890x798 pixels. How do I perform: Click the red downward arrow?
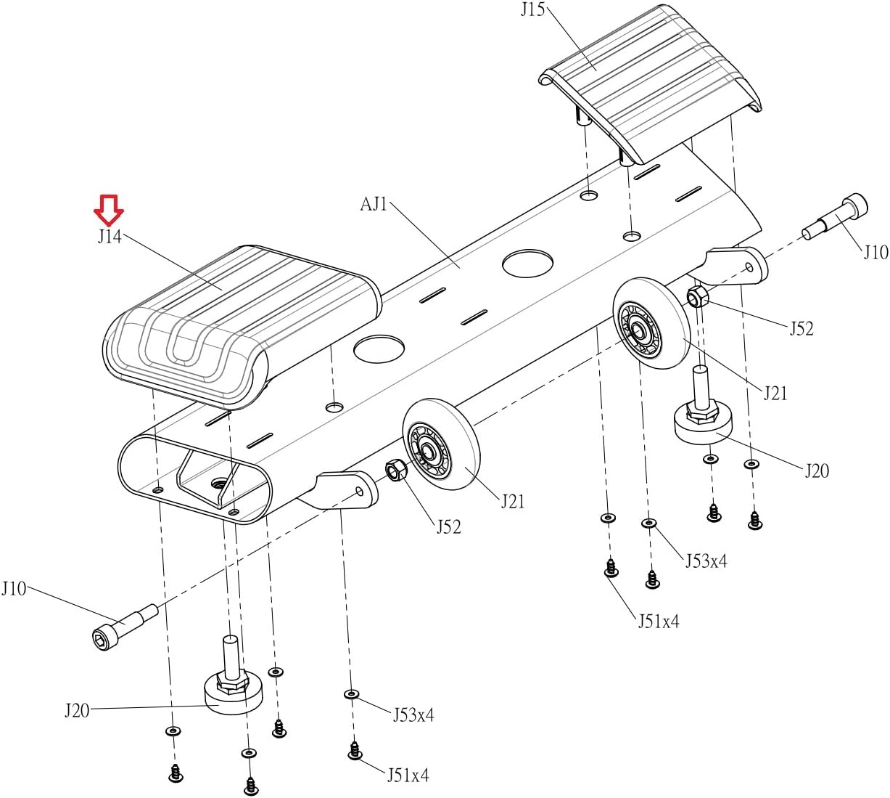(x=109, y=211)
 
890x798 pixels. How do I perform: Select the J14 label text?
(x=110, y=237)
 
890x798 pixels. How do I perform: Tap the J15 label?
(x=533, y=9)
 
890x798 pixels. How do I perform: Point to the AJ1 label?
(x=374, y=204)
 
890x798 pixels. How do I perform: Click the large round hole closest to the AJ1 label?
(x=527, y=263)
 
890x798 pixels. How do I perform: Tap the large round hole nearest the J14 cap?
(x=379, y=349)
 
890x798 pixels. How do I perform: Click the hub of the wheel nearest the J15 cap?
(x=636, y=329)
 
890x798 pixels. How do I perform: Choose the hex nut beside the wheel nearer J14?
(x=395, y=471)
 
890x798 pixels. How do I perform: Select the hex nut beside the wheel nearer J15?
(x=698, y=297)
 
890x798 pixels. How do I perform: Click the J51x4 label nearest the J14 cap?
(x=408, y=775)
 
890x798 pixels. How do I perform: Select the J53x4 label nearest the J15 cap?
(x=706, y=561)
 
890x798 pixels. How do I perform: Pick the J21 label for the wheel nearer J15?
(x=775, y=394)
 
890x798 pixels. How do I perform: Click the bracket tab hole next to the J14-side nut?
(x=360, y=491)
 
